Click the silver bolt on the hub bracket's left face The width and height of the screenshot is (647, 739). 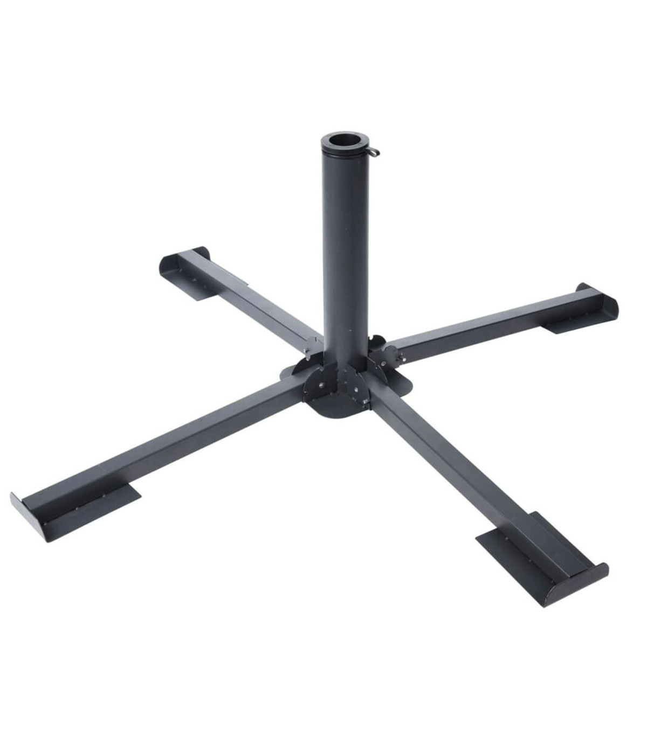click(322, 385)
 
